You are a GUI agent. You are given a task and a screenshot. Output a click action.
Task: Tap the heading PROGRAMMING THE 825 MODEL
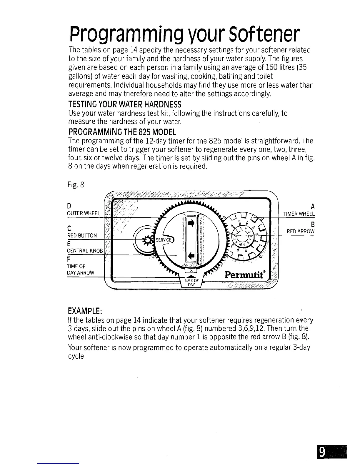point(122,131)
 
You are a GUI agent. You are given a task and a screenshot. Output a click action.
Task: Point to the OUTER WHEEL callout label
point(84,213)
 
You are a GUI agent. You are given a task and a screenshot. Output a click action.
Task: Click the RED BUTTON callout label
point(82,235)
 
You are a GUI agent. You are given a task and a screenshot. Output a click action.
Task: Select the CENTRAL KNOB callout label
point(85,251)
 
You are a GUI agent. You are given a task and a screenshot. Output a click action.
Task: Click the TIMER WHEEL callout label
point(299,214)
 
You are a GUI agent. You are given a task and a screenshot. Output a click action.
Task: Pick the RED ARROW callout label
point(301,231)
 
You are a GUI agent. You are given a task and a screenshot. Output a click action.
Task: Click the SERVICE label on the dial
point(163,240)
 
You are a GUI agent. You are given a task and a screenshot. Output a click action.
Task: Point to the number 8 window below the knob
point(191,271)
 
